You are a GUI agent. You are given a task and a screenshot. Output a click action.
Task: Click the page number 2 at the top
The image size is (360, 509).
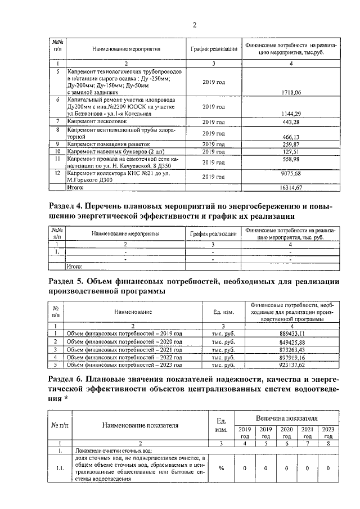coord(194,24)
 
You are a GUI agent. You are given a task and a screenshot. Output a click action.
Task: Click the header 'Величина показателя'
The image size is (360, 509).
coord(287,419)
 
